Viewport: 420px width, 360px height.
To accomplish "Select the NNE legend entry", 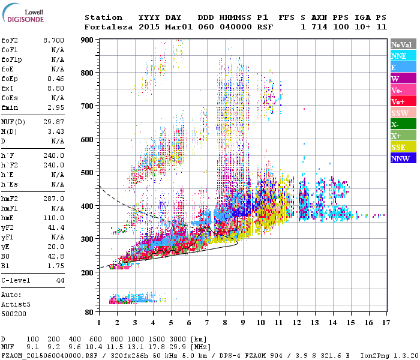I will (399, 56).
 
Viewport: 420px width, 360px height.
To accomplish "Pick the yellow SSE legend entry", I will (398, 147).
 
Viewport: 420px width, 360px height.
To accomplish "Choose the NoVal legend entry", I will (401, 44).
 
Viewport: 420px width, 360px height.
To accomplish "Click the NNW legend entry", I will (400, 158).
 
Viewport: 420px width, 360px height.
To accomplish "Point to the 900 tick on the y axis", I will (88, 40).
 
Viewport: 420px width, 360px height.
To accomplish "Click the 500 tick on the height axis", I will (88, 173).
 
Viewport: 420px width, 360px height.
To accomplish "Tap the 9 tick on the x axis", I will (243, 323).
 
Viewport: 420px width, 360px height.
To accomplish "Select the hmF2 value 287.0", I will (53, 198).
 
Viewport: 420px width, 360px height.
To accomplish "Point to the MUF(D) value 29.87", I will (53, 122).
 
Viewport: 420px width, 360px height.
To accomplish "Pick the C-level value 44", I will (59, 280).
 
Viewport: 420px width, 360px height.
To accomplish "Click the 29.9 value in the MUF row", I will (181, 347).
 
